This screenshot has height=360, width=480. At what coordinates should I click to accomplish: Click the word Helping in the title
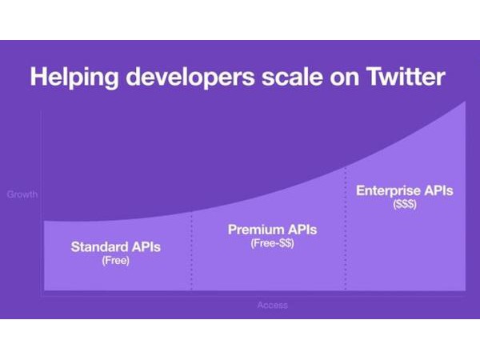74,77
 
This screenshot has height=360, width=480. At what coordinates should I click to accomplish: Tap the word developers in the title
190,77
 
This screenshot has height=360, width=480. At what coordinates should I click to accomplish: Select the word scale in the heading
292,77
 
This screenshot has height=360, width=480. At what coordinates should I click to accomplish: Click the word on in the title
344,80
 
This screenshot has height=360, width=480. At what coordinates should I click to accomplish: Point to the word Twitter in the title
406,77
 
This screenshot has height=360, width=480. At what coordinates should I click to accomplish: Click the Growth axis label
22,194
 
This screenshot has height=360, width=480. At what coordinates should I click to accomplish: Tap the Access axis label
273,305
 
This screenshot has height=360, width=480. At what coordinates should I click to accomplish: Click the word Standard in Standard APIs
97,246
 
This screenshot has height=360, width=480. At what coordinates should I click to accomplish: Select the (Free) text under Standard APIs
116,261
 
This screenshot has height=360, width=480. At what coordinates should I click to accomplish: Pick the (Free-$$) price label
273,243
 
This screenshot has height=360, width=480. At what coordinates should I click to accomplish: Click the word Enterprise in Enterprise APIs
388,191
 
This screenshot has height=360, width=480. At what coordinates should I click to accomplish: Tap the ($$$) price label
405,204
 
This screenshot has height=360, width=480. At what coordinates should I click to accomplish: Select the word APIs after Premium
302,230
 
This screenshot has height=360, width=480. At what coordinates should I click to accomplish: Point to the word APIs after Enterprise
438,190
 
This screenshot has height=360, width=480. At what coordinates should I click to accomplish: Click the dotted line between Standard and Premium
192,250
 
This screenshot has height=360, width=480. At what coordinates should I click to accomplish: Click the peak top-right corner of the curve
466,102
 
